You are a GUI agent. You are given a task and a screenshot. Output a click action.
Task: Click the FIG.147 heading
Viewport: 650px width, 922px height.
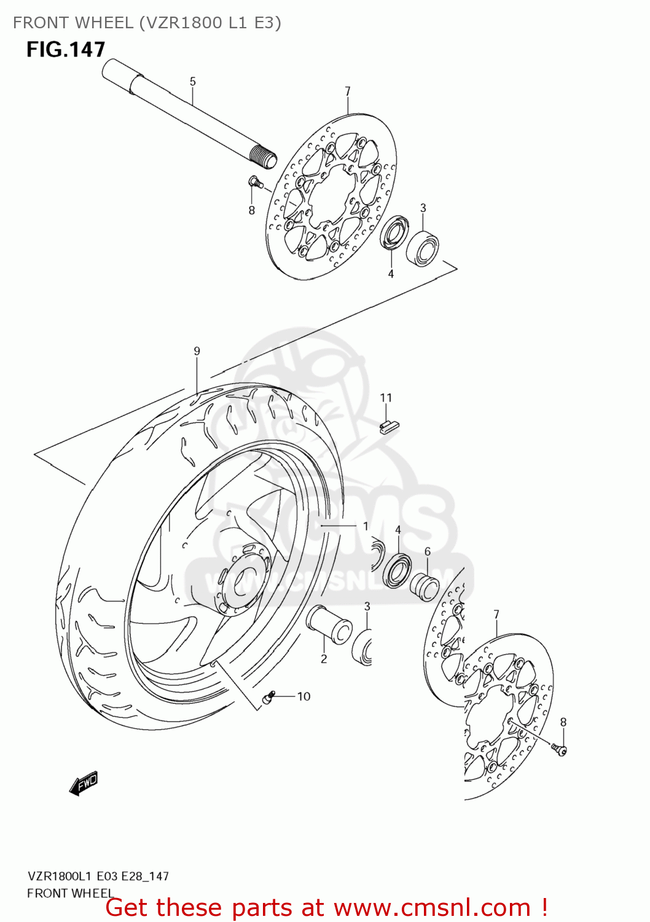coord(66,50)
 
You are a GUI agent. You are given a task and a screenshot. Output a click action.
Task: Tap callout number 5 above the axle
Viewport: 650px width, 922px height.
coord(192,82)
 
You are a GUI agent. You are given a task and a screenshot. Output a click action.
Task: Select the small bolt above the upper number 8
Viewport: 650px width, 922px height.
coord(254,181)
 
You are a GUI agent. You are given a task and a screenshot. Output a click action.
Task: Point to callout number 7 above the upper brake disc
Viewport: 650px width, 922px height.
coord(348,92)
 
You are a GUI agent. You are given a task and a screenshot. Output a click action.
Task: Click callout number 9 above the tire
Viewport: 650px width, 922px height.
coord(197,352)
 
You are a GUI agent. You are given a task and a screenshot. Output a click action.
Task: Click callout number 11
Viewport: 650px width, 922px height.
coord(386,398)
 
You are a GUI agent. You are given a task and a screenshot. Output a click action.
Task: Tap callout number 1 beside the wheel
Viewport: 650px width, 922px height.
coord(366,527)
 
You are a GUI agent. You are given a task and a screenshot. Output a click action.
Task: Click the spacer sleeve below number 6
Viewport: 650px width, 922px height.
coord(425,586)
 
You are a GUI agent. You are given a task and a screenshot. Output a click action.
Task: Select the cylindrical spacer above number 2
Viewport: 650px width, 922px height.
coord(329,624)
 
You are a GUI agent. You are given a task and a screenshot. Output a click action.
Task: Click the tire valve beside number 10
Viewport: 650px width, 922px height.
coord(268,698)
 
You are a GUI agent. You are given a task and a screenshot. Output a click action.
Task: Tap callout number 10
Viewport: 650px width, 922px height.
coord(303,696)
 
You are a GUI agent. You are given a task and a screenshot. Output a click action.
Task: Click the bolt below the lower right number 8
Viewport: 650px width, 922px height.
coord(559,749)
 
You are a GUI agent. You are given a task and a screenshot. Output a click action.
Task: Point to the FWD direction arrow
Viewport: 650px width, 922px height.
coord(84,783)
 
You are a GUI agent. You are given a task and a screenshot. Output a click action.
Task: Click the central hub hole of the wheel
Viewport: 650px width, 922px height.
coord(246,578)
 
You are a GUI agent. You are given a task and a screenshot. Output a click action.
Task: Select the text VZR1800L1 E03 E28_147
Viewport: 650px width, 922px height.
coord(98,877)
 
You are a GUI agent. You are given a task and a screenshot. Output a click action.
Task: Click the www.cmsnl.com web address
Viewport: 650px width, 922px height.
coord(432,907)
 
